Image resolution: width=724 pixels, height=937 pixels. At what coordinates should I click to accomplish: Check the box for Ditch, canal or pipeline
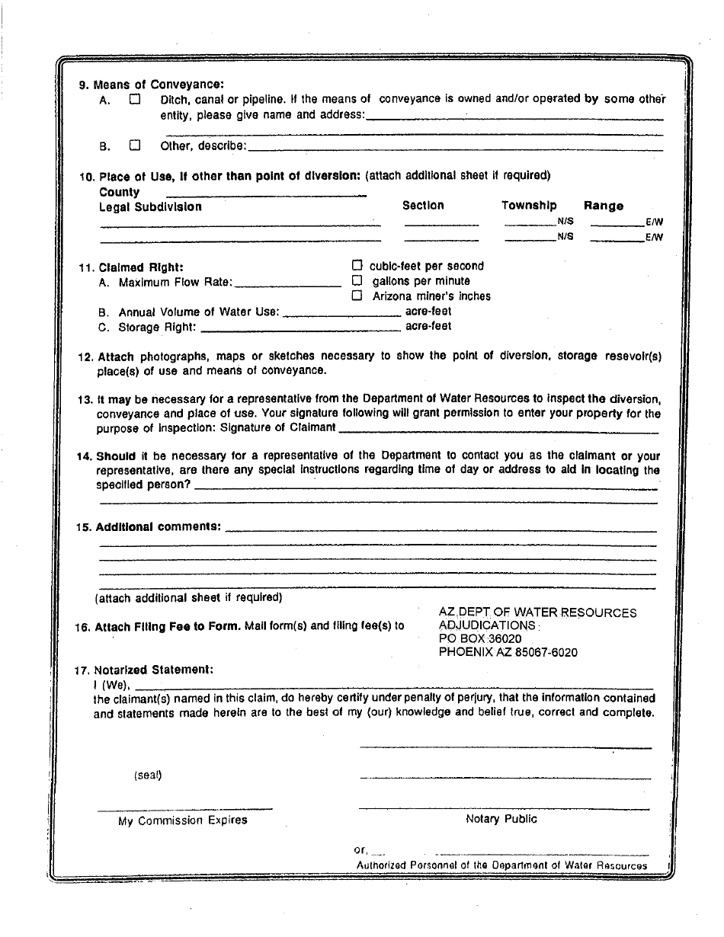tap(135, 99)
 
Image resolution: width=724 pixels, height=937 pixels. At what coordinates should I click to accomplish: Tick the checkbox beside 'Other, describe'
tap(135, 145)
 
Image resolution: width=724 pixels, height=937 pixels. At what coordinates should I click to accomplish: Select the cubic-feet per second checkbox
tap(357, 266)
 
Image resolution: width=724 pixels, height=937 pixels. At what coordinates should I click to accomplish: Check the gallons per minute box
tap(357, 280)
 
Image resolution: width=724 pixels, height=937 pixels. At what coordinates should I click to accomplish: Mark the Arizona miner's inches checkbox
tap(357, 296)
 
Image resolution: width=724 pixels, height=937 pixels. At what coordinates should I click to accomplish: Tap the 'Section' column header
tap(423, 206)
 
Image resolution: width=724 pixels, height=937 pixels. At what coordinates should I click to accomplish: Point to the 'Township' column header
tap(529, 206)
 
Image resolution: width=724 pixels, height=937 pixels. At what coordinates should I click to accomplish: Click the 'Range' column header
tap(604, 206)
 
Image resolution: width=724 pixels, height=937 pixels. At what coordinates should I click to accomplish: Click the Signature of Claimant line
tap(498, 431)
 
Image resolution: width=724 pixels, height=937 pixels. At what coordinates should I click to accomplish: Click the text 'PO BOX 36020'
tap(480, 639)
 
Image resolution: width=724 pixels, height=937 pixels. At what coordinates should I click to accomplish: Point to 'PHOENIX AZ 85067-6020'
tap(508, 653)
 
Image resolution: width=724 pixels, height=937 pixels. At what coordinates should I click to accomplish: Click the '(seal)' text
tap(148, 776)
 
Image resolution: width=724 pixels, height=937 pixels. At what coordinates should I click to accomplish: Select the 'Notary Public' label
tap(501, 819)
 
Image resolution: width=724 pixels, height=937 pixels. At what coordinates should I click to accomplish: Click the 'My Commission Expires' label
tap(183, 820)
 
